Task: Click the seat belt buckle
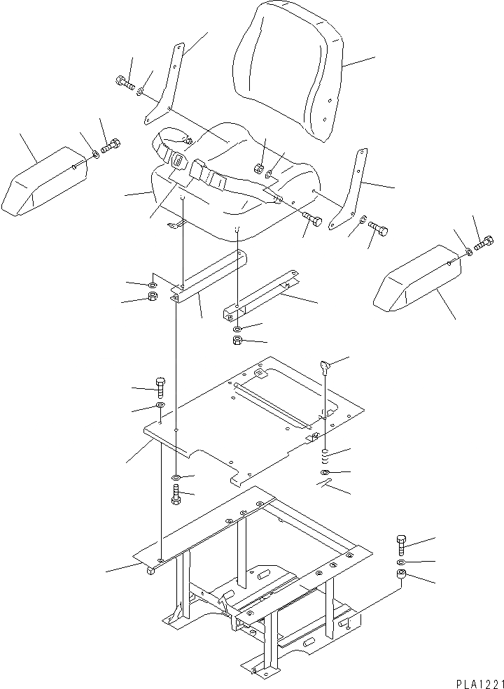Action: (178, 161)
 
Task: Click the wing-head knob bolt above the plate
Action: (324, 365)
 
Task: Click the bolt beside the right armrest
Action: (483, 245)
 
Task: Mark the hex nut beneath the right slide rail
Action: (237, 341)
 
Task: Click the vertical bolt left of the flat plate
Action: (160, 385)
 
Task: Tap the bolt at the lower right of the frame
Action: (401, 544)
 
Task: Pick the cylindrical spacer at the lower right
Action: (401, 576)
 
